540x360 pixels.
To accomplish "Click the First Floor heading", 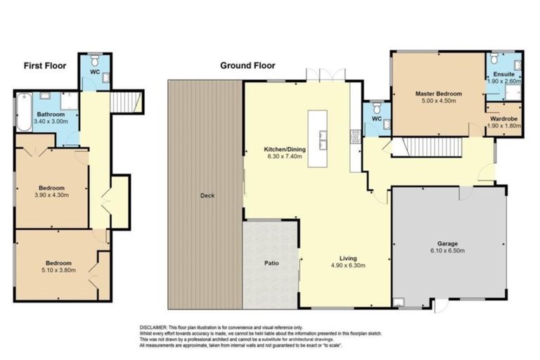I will [x=44, y=66].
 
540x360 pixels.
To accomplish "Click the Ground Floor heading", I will [x=247, y=66].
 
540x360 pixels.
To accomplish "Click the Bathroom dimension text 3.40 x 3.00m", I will [x=51, y=122].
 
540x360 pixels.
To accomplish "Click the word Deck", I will [x=207, y=195].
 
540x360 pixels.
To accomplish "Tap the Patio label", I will [x=271, y=266].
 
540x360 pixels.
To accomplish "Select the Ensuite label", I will [x=504, y=74].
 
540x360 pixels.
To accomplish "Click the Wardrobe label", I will [x=504, y=119].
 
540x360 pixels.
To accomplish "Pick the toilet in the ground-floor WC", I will [x=376, y=109].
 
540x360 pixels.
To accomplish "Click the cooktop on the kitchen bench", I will [x=356, y=136].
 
